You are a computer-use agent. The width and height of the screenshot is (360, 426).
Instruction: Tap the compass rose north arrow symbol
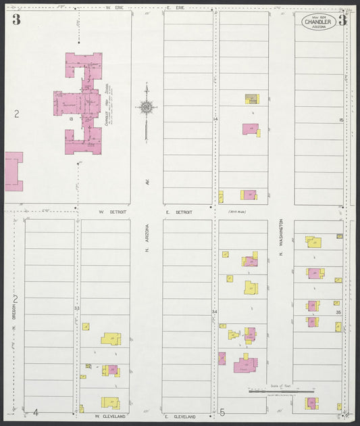[147, 107]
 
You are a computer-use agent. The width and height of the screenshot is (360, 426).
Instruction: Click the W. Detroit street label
[110, 212]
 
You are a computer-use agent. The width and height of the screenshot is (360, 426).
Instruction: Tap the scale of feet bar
[281, 391]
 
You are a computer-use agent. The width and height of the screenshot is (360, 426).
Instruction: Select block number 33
[77, 308]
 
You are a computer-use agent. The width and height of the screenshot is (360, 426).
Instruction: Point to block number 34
[215, 312]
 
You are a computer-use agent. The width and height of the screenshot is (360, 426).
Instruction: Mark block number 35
[338, 313]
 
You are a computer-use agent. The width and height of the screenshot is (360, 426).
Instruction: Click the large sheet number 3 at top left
[16, 20]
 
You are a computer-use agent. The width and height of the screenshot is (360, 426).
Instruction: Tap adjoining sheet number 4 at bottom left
[36, 412]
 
